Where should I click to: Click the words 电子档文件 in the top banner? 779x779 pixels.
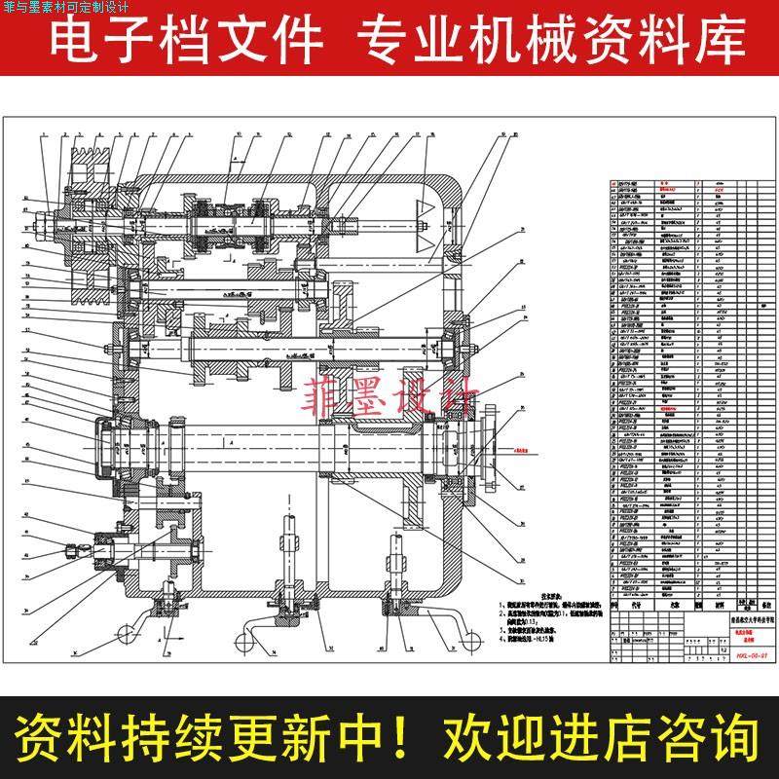[185, 40]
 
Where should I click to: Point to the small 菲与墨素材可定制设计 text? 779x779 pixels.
[72, 7]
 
